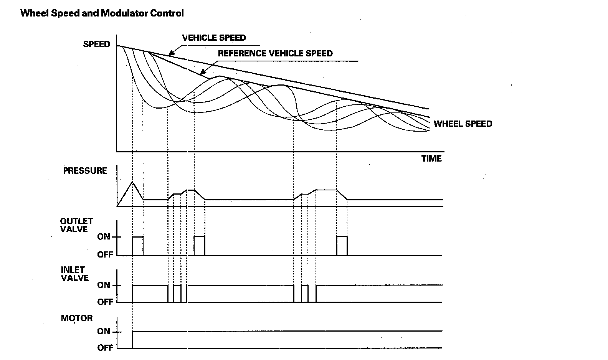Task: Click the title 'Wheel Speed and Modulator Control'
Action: pos(102,13)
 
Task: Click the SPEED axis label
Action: pos(96,44)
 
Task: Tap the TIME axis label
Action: pos(431,159)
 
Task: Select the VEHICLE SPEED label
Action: pos(214,38)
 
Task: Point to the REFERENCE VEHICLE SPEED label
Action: pos(275,53)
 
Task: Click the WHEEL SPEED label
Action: pos(463,124)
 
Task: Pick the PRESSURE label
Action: pos(85,171)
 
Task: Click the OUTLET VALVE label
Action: pos(76,225)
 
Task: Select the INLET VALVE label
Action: pos(75,274)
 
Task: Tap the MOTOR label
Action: pos(77,318)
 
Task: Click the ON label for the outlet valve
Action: pos(104,237)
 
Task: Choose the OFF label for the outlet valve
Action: pos(105,254)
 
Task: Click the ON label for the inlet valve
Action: pos(104,285)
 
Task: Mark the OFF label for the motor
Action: pos(105,348)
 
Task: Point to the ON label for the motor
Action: pos(104,331)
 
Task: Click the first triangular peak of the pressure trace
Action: pos(132,182)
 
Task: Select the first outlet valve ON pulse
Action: pos(138,246)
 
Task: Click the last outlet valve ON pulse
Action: pos(342,246)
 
